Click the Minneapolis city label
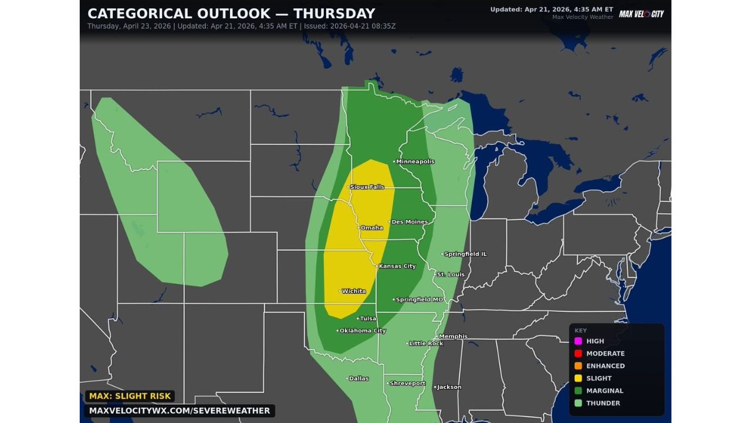[415, 162]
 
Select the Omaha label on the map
[371, 228]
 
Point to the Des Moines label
[409, 222]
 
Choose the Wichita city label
[353, 291]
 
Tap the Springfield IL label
[465, 254]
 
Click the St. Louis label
[450, 275]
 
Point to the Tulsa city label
[367, 318]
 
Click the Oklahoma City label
[362, 331]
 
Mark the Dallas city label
[358, 379]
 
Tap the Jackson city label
[449, 387]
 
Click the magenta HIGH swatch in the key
[578, 341]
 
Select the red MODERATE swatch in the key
[578, 354]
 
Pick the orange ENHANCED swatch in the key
[578, 366]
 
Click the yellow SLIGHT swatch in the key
[578, 378]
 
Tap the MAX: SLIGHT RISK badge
[130, 397]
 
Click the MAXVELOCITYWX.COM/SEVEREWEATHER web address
[180, 411]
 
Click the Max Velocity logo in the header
[641, 14]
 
